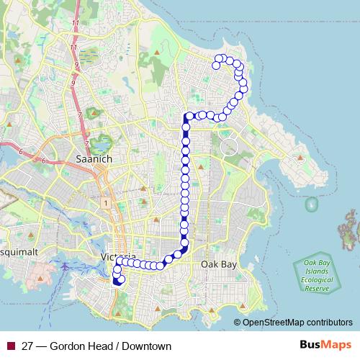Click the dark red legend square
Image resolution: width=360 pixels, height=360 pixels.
[x=9, y=346]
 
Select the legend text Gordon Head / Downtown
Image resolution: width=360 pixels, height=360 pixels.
[x=96, y=346]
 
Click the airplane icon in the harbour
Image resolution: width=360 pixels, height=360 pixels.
[x=66, y=265]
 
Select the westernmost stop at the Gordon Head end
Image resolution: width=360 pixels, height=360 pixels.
[x=215, y=66]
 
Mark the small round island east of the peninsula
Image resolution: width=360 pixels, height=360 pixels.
[x=311, y=205]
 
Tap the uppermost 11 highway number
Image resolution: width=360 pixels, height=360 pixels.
[x=76, y=24]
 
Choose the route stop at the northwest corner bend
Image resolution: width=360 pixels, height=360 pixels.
[x=189, y=116]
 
